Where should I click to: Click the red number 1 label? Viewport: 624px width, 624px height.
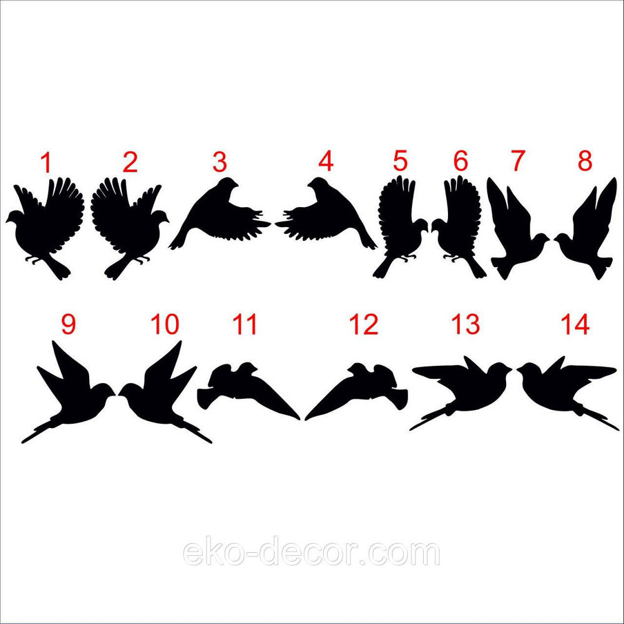47,162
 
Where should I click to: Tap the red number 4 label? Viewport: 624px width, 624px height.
325,161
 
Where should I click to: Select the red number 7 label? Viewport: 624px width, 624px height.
517,160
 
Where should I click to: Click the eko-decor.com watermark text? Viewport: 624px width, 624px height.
311,553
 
